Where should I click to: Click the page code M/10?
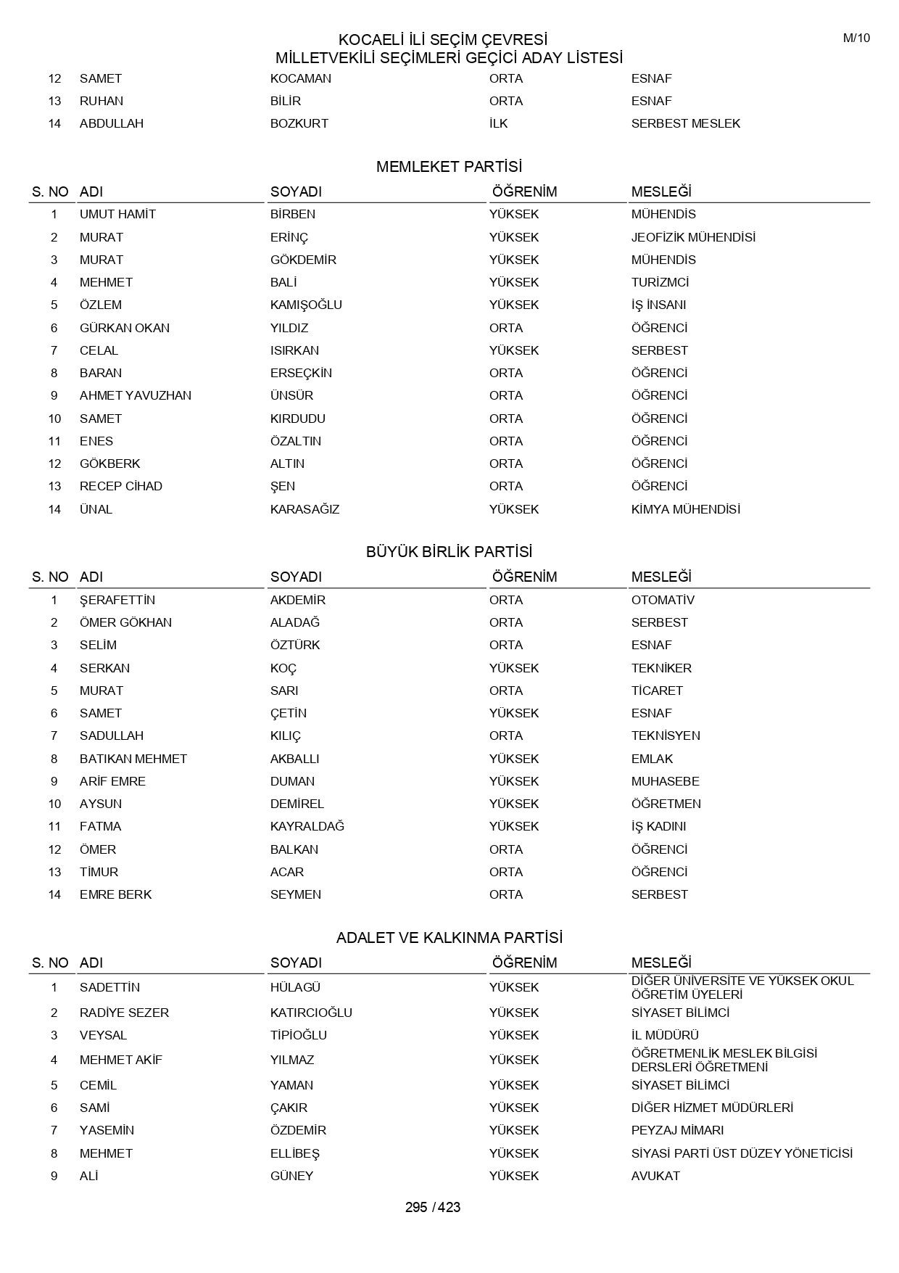(x=856, y=38)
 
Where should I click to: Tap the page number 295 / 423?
(x=433, y=1208)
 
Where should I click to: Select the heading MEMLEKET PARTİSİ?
(x=449, y=167)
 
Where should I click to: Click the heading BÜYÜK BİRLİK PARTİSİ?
(x=449, y=552)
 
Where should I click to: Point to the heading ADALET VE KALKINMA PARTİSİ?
(x=449, y=938)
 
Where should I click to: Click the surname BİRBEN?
(x=293, y=215)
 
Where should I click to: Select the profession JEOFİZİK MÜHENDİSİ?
(x=693, y=237)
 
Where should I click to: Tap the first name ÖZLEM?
(x=101, y=305)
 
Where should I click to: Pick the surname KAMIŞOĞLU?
(x=306, y=305)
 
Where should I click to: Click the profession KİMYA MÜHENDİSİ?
(x=685, y=509)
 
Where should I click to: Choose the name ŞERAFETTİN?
(x=117, y=600)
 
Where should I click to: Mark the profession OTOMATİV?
(x=663, y=600)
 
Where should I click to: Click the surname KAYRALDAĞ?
(x=307, y=826)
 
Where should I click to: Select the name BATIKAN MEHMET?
(x=133, y=759)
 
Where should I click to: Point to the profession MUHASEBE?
(x=666, y=781)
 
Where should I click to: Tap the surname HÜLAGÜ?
(x=295, y=987)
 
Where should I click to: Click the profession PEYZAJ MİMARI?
(x=677, y=1130)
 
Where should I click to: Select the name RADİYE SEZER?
(x=124, y=1013)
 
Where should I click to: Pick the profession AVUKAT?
(x=655, y=1176)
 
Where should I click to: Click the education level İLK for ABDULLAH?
(x=498, y=123)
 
